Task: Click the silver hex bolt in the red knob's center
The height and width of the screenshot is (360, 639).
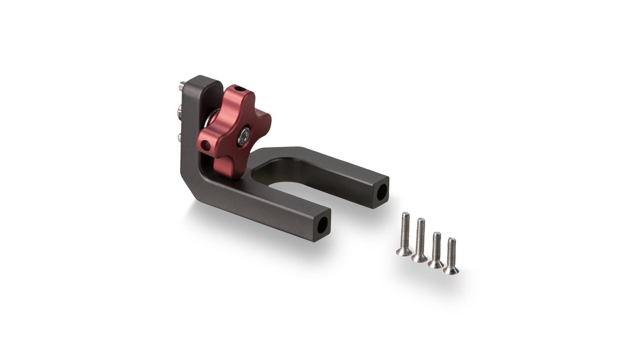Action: click(x=243, y=135)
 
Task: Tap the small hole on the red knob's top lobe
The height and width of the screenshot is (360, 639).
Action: click(x=236, y=88)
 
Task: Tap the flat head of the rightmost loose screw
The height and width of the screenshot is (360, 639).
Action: click(x=451, y=270)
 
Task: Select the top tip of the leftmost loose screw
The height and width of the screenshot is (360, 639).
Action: click(x=405, y=215)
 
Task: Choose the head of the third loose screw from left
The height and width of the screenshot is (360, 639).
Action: click(x=435, y=264)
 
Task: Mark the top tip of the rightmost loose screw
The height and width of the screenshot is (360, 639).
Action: click(x=452, y=241)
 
